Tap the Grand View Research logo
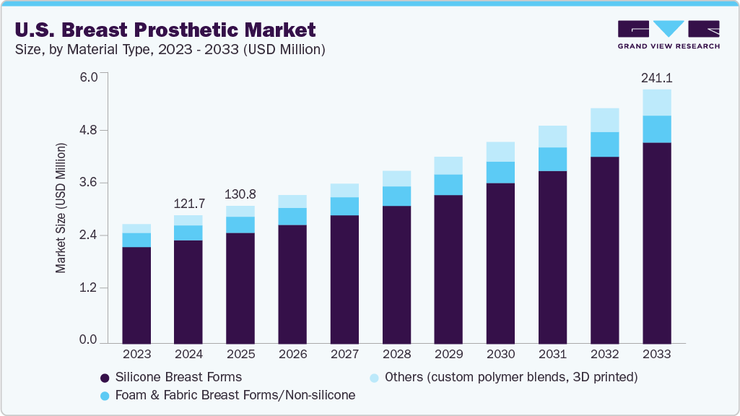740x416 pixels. tap(668, 35)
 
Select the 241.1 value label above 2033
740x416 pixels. tap(656, 77)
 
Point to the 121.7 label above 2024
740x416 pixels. tap(188, 203)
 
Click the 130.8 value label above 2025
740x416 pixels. tap(240, 194)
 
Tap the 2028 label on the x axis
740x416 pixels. tap(396, 355)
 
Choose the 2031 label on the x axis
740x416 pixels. tap(552, 355)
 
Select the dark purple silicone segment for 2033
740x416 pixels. tap(656, 243)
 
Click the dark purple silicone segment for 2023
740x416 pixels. tap(136, 295)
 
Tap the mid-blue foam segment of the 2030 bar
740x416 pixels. tap(500, 173)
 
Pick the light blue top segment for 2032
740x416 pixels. tap(604, 120)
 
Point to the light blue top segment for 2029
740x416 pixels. tap(448, 165)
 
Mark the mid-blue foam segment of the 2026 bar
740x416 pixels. tap(292, 217)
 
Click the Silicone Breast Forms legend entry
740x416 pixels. tap(170, 377)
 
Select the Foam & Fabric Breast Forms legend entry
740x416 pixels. tap(227, 396)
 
